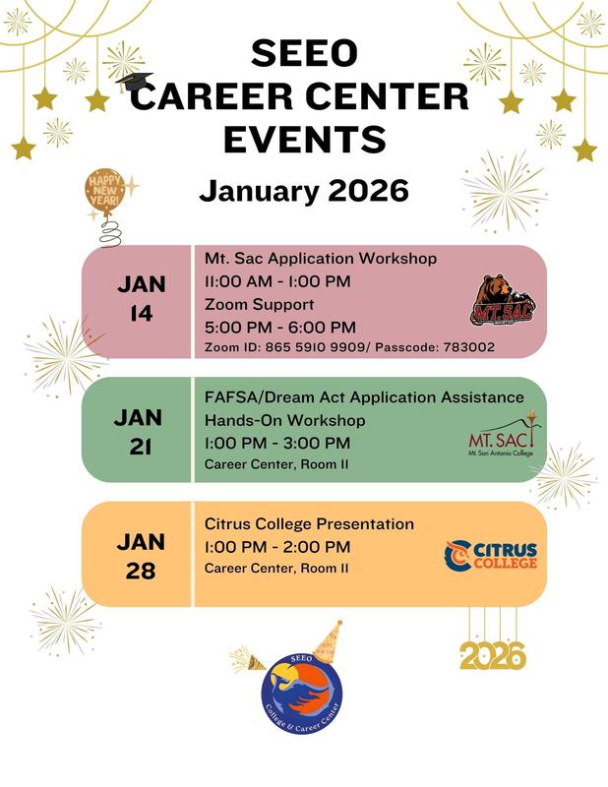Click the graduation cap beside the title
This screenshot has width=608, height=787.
(x=126, y=81)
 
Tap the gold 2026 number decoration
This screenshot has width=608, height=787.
(x=492, y=655)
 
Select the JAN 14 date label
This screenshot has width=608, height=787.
(x=142, y=298)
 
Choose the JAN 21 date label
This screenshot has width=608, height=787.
(x=138, y=431)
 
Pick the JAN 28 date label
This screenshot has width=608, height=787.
(x=142, y=556)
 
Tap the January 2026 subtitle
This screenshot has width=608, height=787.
(x=304, y=190)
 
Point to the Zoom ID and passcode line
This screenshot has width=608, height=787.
(x=349, y=347)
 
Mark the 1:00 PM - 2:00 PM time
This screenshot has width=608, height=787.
(x=277, y=546)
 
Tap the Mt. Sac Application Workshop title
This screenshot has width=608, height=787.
(x=321, y=259)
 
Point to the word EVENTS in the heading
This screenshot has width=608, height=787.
(x=304, y=139)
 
